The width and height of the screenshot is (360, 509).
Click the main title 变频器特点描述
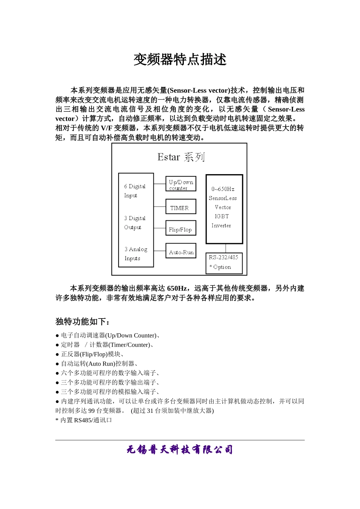tap(180, 60)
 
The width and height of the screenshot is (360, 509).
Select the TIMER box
tap(181, 207)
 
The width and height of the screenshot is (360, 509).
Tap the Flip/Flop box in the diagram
tap(181, 229)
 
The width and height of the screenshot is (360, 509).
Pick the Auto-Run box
tap(181, 251)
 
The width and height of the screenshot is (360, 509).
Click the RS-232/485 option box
tap(224, 262)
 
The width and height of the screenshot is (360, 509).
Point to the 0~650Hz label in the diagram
tap(223, 189)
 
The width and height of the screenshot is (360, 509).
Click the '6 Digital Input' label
tap(135, 190)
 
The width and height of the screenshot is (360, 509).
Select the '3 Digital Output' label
tap(135, 223)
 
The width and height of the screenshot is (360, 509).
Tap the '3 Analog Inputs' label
tap(135, 254)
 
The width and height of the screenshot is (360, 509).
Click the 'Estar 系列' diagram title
tap(181, 157)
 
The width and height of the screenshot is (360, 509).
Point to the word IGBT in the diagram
tap(222, 216)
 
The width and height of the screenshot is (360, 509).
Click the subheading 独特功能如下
tap(83, 322)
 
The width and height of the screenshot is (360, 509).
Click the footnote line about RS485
tap(85, 420)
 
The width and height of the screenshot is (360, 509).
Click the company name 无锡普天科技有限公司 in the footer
tap(180, 450)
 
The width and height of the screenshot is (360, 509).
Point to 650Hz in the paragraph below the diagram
tap(177, 289)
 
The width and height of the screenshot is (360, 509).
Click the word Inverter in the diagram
tap(221, 225)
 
